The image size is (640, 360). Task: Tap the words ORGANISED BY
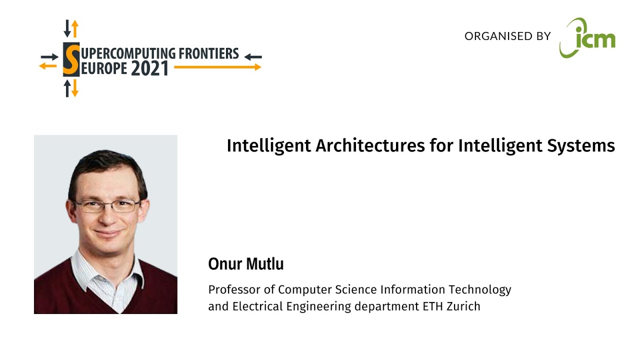(507, 36)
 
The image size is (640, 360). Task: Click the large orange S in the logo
(71, 59)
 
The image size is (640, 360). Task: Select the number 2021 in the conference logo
(149, 68)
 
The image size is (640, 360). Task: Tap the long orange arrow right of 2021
(217, 67)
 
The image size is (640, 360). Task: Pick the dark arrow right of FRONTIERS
(253, 56)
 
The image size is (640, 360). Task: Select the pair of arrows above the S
(71, 28)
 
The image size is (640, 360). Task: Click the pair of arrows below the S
(71, 88)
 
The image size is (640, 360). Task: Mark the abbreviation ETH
(432, 306)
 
